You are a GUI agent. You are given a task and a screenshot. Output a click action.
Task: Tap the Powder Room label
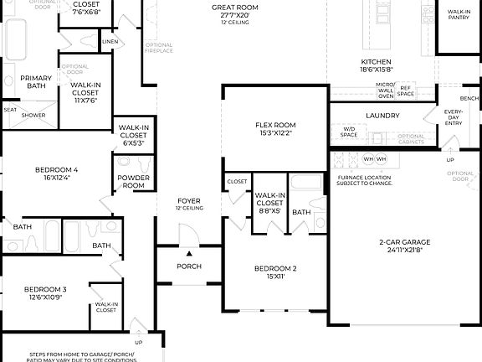(134, 182)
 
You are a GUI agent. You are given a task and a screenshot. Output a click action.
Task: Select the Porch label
(188, 267)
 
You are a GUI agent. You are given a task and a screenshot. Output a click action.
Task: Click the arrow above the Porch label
(189, 252)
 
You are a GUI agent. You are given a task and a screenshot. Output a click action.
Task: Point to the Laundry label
(382, 116)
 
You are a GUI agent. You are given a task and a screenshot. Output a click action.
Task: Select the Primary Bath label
(36, 82)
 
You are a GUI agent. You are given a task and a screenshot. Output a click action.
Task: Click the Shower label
(33, 115)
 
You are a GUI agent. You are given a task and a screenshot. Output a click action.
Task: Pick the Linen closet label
(110, 40)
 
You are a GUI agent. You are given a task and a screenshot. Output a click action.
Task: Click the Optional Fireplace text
(159, 48)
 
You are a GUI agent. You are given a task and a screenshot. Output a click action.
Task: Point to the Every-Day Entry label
(453, 117)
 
